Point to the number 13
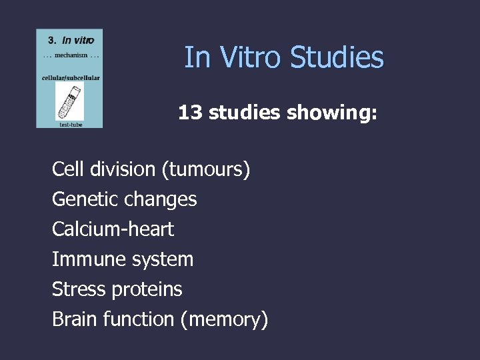click(190, 113)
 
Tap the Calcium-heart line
click(113, 229)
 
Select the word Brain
click(75, 319)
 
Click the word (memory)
click(224, 319)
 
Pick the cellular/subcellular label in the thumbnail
click(70, 78)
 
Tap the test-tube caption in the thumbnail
click(70, 123)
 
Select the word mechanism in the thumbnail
click(70, 55)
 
